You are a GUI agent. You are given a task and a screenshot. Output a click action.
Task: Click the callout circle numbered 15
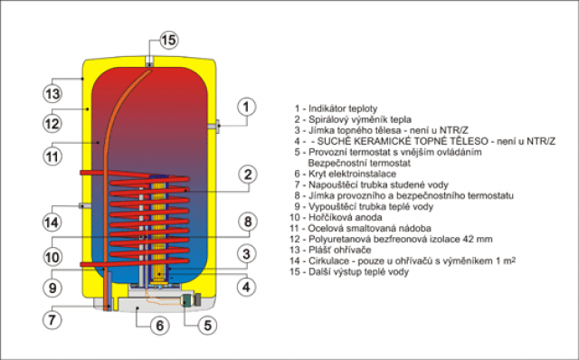(x=169, y=40)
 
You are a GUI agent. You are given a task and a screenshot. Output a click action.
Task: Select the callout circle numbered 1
(x=246, y=107)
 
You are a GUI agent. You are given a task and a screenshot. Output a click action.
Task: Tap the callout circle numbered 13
(x=52, y=94)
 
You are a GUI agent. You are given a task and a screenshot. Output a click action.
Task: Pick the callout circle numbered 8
(x=247, y=222)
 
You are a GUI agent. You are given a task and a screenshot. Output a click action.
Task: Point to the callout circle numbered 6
(x=159, y=326)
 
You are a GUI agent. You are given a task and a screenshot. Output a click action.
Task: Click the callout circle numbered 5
(x=207, y=326)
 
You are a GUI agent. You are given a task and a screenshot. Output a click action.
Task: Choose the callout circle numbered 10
(x=52, y=257)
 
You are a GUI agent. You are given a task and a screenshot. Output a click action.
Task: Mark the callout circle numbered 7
(x=52, y=319)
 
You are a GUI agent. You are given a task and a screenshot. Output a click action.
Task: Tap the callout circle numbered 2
(x=247, y=175)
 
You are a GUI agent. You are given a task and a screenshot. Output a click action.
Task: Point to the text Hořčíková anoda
(x=345, y=217)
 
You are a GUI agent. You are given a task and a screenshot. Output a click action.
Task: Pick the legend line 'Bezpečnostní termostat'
(x=359, y=163)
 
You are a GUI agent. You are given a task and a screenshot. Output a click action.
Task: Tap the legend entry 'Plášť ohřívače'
(x=340, y=250)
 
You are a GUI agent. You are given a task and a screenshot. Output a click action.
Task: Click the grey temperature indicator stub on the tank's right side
(x=214, y=127)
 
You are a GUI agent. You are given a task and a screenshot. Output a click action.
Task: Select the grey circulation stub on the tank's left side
(x=85, y=205)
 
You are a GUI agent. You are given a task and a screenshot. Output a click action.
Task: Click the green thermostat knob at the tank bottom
(x=187, y=298)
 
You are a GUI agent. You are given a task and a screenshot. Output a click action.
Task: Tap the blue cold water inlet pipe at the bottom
(x=109, y=291)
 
